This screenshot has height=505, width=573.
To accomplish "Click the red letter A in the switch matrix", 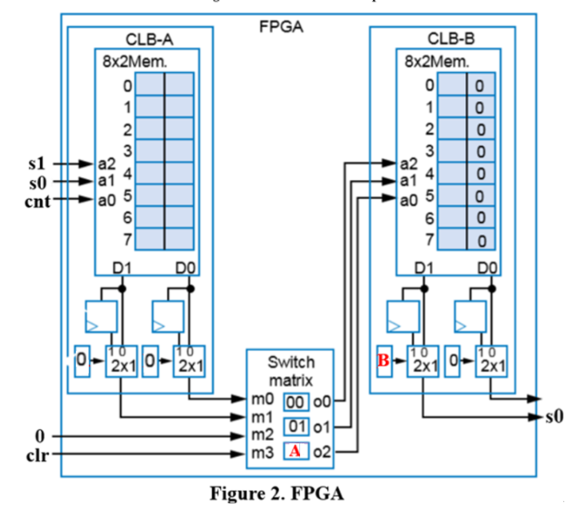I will pos(295,451).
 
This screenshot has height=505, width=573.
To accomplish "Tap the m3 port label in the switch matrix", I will pos(263,454).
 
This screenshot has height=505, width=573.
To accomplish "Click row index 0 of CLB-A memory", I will pos(126,84).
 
